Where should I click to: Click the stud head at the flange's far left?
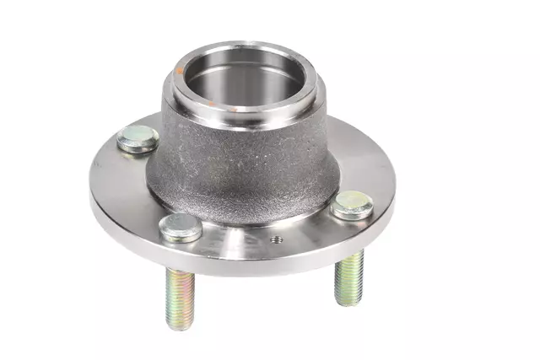coord(138,139)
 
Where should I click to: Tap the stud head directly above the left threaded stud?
coord(181,226)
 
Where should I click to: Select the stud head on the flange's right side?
coord(351,204)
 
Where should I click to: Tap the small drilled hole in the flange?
coord(274,239)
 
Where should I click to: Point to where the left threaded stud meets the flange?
coord(179,270)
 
